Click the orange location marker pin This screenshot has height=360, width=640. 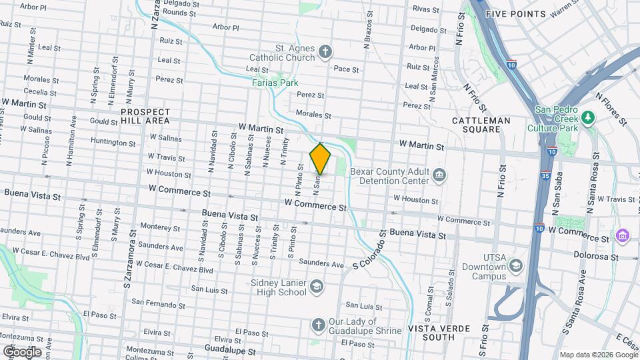[320, 159]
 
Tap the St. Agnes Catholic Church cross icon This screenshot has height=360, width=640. [325, 51]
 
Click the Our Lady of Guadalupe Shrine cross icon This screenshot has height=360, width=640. [318, 325]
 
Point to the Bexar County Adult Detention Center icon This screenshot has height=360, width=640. [439, 175]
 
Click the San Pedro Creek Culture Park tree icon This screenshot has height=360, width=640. [587, 118]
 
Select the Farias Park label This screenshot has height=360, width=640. [275, 83]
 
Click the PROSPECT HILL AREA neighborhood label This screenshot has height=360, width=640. [145, 117]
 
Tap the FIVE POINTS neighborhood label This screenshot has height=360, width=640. [515, 13]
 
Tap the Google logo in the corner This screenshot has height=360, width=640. [21, 351]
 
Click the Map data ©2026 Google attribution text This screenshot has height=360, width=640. [597, 354]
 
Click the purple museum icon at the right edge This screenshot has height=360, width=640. [623, 235]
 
